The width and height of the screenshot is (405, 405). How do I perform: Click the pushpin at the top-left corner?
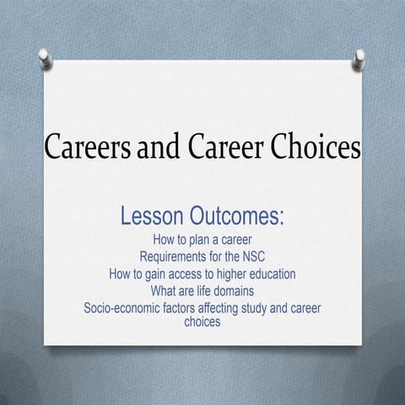pyautogui.click(x=46, y=58)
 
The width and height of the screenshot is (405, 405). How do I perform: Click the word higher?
pyautogui.click(x=245, y=274)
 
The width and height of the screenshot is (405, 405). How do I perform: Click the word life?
pyautogui.click(x=208, y=291)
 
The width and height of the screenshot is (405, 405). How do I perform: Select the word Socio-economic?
pyautogui.click(x=127, y=308)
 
